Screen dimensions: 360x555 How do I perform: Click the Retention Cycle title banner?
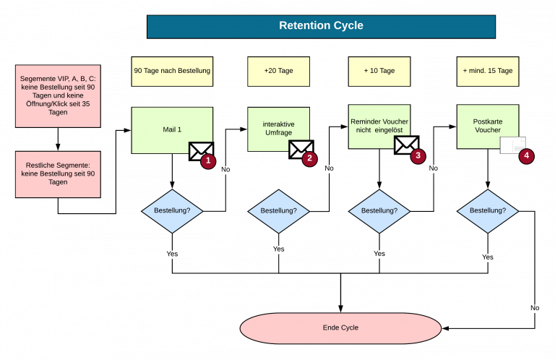point(321,26)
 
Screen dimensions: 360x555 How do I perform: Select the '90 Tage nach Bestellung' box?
point(172,71)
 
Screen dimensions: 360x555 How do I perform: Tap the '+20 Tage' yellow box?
point(278,71)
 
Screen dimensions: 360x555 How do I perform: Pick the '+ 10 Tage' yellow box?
point(379,71)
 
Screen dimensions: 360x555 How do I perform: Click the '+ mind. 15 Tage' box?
point(488,71)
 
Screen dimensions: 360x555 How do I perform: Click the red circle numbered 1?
point(208,160)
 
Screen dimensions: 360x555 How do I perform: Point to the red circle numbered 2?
point(309,158)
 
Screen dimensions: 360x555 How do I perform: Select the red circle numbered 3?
point(418,155)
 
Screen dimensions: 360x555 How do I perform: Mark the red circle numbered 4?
point(526,155)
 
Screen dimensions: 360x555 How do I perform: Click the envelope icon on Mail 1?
point(199,150)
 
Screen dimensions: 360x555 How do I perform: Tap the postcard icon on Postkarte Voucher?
point(512,145)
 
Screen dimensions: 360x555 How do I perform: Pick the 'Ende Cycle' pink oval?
point(340,327)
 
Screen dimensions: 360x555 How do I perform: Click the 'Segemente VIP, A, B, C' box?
point(58,95)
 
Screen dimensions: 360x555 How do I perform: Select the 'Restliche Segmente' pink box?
point(58,173)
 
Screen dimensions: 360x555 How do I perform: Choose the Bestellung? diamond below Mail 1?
point(172,211)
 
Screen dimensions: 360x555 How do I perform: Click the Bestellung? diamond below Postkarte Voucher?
point(488,211)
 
